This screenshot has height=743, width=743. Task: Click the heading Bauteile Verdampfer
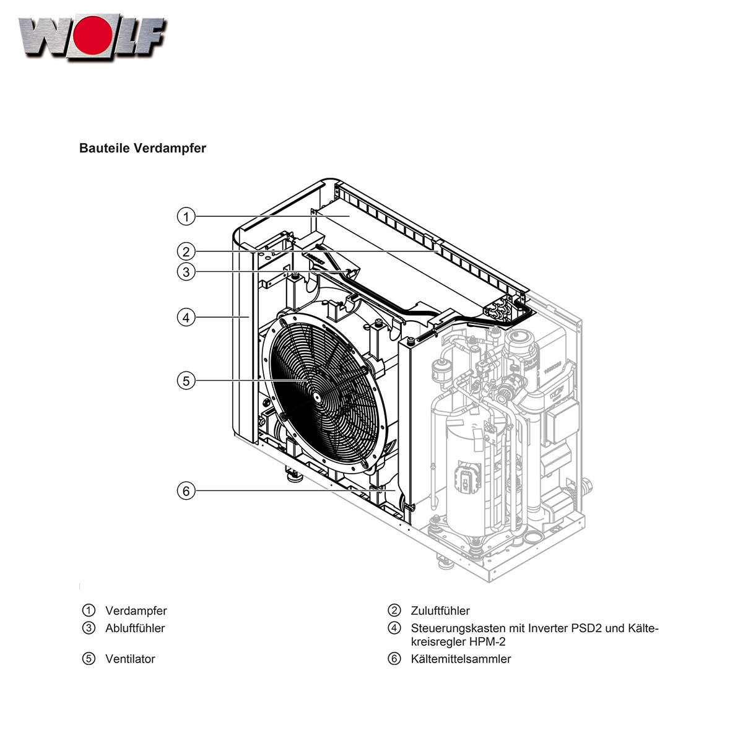[x=142, y=149]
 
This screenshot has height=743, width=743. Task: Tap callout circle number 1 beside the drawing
[x=186, y=217]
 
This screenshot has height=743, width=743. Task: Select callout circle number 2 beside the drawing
[x=186, y=251]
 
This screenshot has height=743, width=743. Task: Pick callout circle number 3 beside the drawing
[x=186, y=271]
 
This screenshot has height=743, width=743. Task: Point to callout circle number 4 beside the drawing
[x=186, y=318]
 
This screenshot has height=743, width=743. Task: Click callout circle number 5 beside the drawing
[x=186, y=380]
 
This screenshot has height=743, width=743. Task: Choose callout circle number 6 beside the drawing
[x=186, y=491]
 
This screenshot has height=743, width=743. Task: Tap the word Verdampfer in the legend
[x=136, y=611]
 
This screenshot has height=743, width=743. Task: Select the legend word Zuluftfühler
[x=440, y=611]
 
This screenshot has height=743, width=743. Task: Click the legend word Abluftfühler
[x=135, y=628]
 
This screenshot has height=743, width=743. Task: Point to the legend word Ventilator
[x=130, y=659]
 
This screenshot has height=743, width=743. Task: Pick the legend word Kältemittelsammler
[x=461, y=659]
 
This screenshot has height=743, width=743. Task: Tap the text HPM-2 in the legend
[x=489, y=642]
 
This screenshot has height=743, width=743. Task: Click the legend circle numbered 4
[x=394, y=628]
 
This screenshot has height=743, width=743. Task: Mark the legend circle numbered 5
[x=89, y=659]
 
